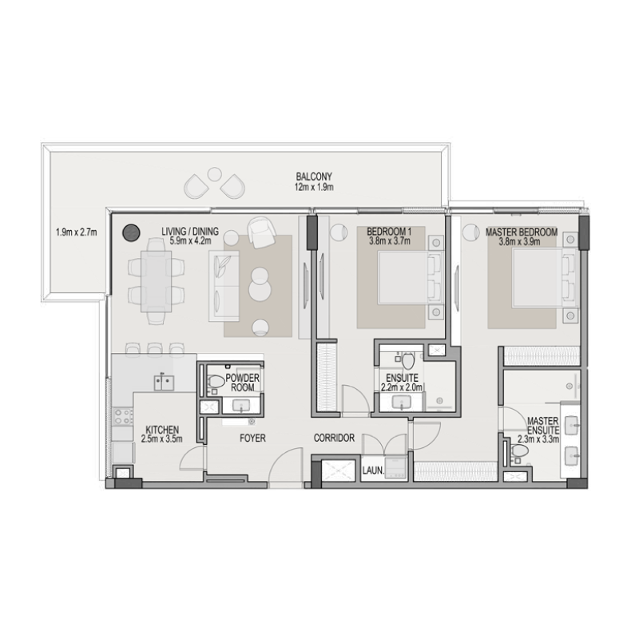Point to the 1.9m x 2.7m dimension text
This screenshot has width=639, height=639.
point(76,232)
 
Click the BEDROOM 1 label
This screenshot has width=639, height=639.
point(388,232)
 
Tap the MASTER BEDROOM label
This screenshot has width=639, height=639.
point(520,232)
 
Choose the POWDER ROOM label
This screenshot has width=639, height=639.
point(240,382)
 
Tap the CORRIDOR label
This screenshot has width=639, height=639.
point(333,439)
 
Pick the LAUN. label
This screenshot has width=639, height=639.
point(372,471)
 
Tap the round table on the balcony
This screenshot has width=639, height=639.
point(215,173)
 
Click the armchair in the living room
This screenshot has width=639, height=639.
point(260,232)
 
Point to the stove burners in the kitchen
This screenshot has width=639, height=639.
point(123,416)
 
